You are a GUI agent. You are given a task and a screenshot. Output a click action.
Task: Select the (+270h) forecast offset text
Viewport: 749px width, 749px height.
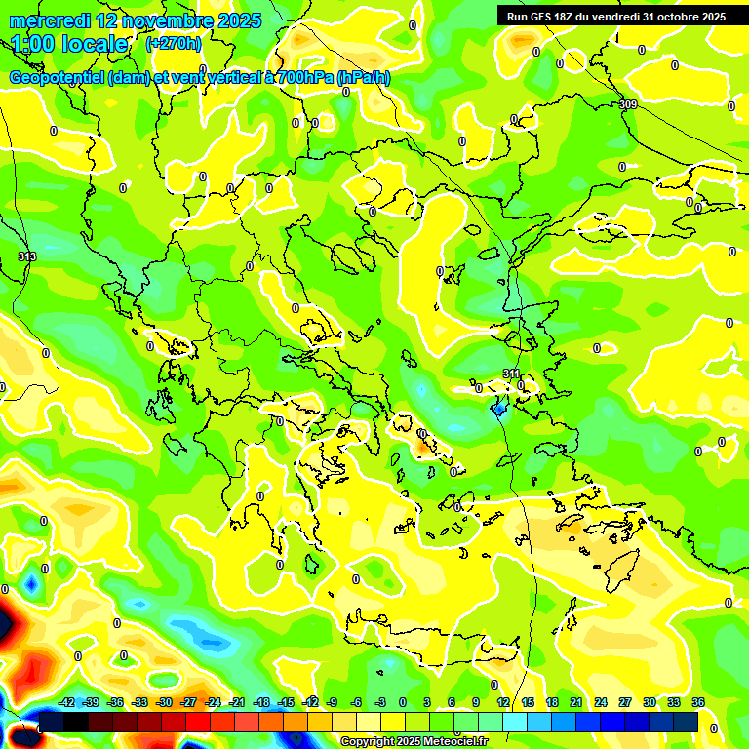click(x=174, y=43)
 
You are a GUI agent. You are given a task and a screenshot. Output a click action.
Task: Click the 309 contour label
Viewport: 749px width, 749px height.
click(x=628, y=104)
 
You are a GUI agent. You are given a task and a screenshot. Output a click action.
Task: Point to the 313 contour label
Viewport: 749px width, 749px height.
click(x=26, y=256)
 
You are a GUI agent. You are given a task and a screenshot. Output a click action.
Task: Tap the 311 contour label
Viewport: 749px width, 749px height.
click(x=511, y=374)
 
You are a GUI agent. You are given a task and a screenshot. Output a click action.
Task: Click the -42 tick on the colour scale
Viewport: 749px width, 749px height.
click(x=67, y=702)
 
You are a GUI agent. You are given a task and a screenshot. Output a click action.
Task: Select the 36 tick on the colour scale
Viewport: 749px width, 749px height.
click(x=698, y=702)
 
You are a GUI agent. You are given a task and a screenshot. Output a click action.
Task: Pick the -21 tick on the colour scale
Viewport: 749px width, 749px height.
click(x=237, y=702)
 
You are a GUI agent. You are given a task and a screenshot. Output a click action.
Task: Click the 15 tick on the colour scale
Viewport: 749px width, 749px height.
click(x=528, y=702)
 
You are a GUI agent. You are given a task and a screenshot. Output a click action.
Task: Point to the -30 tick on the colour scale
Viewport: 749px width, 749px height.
click(x=164, y=702)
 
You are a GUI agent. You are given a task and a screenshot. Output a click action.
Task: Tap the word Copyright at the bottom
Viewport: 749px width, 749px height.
click(x=368, y=742)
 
